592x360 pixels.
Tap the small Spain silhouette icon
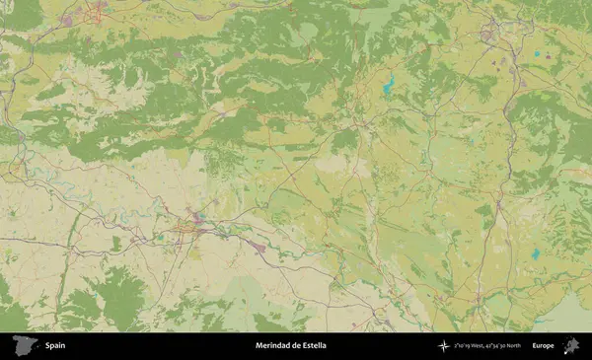[24, 345]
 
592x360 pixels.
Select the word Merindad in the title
[271, 345]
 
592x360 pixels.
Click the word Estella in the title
[313, 345]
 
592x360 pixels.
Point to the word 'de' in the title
[294, 345]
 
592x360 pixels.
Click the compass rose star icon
[445, 345]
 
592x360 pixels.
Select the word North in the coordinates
[512, 345]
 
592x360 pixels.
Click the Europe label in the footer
[543, 345]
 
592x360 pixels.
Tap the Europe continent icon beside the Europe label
[570, 345]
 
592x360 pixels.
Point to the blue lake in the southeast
[536, 254]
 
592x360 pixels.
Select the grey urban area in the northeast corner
[487, 36]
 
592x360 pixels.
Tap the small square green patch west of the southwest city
[115, 242]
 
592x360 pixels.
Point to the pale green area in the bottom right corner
[568, 314]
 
